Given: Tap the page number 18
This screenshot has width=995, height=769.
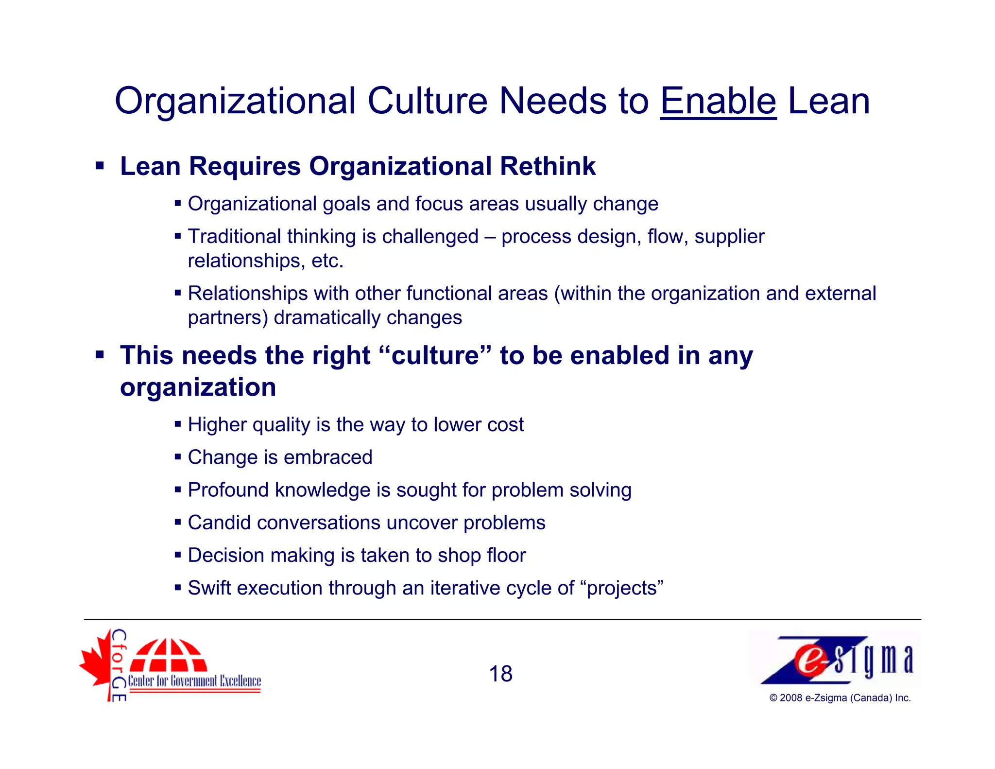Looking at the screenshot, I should pos(500,674).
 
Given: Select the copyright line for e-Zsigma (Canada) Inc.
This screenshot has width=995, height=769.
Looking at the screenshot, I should pos(840,698).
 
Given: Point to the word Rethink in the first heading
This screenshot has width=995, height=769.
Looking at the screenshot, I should pos(548,166).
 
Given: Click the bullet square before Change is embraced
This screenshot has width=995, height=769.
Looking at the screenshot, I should pos(178,457).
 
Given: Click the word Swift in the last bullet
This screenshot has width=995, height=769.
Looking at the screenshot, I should pos(209,588).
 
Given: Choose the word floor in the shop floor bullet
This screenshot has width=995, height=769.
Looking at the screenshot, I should pos(506,555).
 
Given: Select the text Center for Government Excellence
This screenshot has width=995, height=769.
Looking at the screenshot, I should pos(194,681).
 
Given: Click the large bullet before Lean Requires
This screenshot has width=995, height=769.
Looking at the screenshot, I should pos(100,166).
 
